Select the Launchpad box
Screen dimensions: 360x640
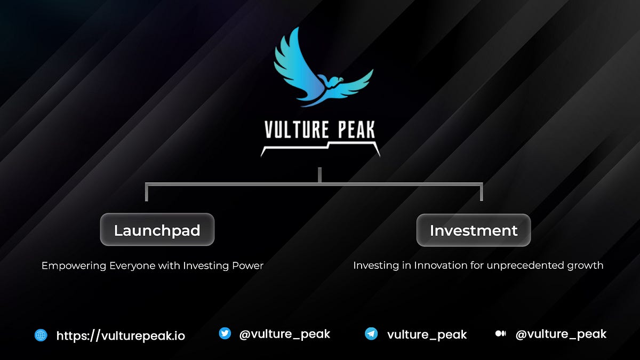[157, 230]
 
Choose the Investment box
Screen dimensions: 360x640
[474, 230]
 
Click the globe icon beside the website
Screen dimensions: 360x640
[41, 335]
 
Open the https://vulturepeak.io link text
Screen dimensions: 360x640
[121, 335]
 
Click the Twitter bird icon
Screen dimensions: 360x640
[225, 334]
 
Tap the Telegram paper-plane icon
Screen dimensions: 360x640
[371, 334]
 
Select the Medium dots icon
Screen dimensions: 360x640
[500, 334]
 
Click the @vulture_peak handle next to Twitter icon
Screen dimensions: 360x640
[285, 334]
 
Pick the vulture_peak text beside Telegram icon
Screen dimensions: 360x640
[427, 335]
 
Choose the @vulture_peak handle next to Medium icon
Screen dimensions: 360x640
[561, 334]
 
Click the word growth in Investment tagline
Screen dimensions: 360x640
[586, 265]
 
